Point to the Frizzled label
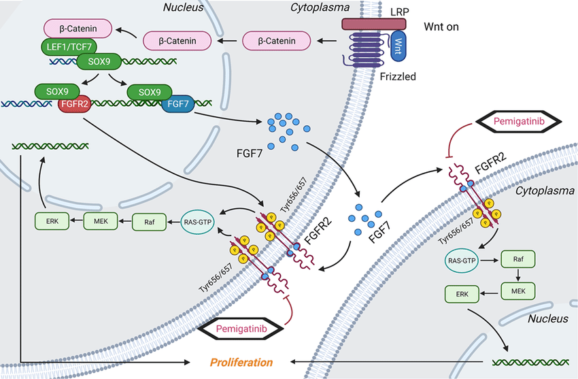point(399,77)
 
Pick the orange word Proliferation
point(241,362)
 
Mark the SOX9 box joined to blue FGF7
point(149,91)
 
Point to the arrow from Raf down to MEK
point(517,275)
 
